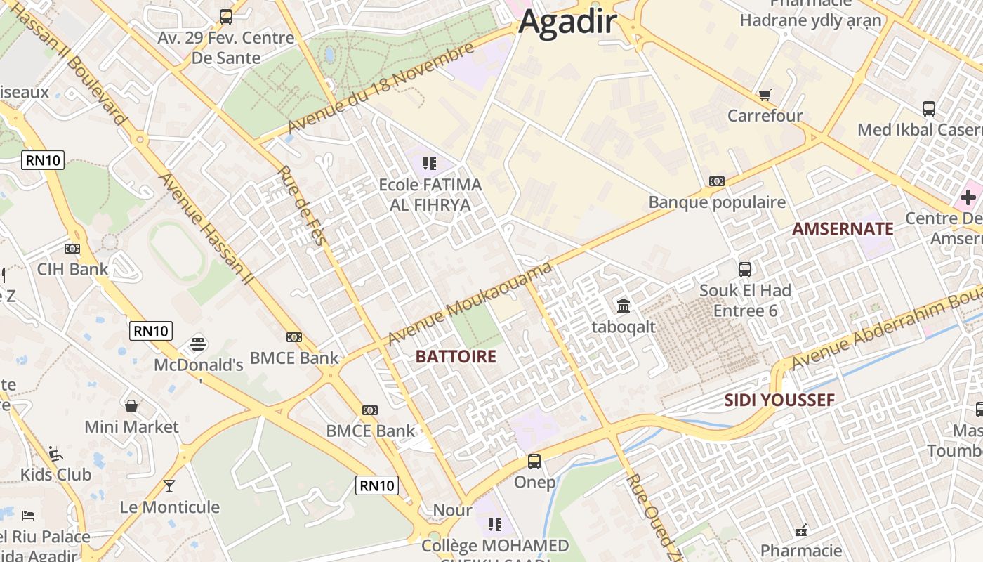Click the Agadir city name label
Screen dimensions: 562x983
pos(567,22)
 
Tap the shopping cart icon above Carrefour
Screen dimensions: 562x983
pos(765,95)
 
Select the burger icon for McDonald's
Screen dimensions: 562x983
pos(198,344)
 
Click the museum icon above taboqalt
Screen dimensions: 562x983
pos(623,306)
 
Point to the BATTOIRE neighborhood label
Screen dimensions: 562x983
pos(456,357)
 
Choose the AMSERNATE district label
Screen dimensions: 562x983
pos(843,229)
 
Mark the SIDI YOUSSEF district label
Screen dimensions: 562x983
pos(779,400)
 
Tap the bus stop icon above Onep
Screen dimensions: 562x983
pos(534,462)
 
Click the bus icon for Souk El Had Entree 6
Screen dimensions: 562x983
pos(745,269)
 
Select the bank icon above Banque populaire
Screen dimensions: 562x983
pos(716,181)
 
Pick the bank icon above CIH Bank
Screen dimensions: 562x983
pos(72,249)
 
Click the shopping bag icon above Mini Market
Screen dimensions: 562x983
pos(131,406)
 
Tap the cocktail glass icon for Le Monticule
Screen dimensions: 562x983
pos(169,485)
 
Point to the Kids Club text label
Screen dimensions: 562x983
pos(56,475)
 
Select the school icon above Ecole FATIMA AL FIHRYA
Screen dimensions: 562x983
pos(430,164)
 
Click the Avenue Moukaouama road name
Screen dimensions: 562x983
pos(469,303)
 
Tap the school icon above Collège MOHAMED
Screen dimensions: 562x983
pos(495,525)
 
